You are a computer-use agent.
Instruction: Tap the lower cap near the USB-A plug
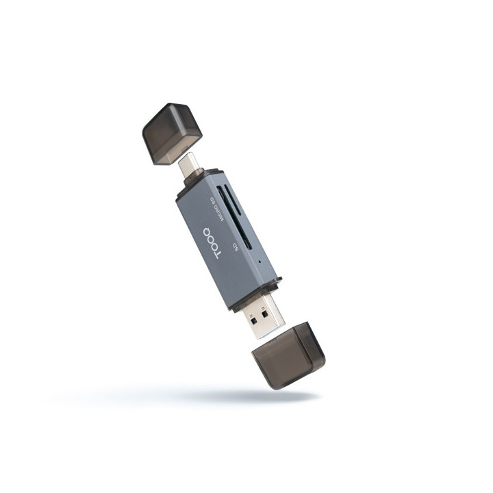pos(288,357)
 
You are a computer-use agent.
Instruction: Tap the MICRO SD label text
pos(216,206)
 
